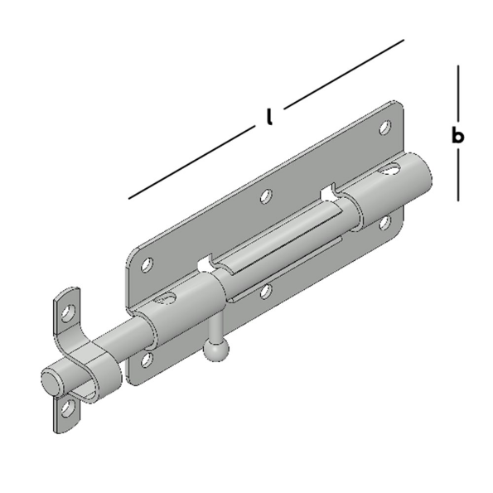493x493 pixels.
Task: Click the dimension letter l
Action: [x=268, y=118]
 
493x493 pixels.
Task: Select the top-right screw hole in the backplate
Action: [x=385, y=128]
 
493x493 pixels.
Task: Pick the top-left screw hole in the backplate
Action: [x=147, y=265]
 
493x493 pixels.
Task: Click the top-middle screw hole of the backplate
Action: [x=266, y=196]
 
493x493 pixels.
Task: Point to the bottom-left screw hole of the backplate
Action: [x=147, y=360]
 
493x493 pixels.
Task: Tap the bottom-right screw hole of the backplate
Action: [x=384, y=223]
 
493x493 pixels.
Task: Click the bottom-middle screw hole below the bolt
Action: [x=266, y=292]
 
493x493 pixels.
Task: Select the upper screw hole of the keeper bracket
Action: [x=68, y=313]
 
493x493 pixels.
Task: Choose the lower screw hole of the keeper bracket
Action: [x=68, y=408]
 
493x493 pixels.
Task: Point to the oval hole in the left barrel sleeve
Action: [x=167, y=297]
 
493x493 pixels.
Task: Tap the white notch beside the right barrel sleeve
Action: [x=327, y=193]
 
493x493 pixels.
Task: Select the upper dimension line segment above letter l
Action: [x=344, y=75]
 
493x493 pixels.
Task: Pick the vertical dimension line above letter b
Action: [x=457, y=94]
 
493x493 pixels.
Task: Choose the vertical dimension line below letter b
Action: [x=457, y=175]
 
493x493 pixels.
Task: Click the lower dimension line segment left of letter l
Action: [x=191, y=162]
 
